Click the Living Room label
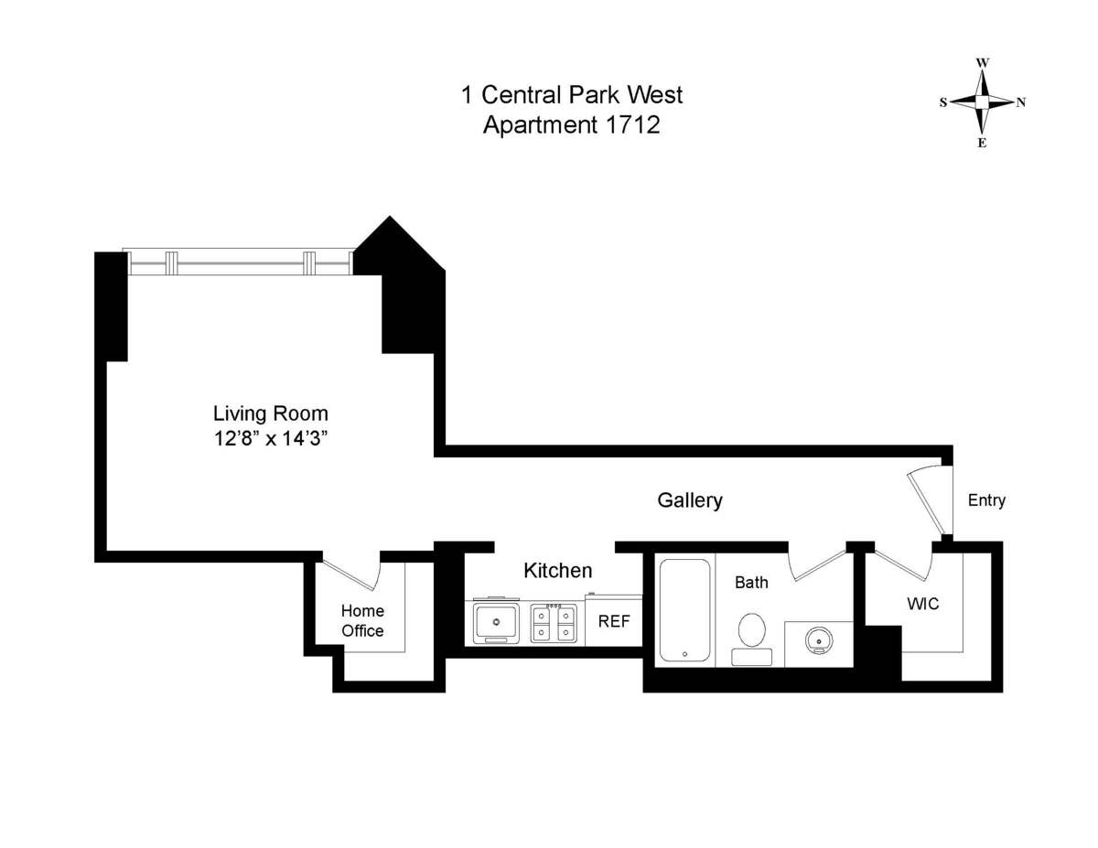(x=270, y=413)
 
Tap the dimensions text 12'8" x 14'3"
(x=270, y=438)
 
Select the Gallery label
(x=690, y=500)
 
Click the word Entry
(x=986, y=500)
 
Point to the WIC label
(x=921, y=604)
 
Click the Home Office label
(x=362, y=620)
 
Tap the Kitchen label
(x=557, y=571)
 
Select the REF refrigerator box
(x=614, y=621)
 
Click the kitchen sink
(x=497, y=622)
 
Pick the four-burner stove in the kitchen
(x=554, y=622)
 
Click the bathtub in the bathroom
(x=685, y=609)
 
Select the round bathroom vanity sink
(x=818, y=640)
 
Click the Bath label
(x=751, y=582)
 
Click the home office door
(x=351, y=573)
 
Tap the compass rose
(x=982, y=102)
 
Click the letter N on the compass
(x=1020, y=102)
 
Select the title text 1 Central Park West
(x=572, y=94)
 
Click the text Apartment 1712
(x=572, y=125)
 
